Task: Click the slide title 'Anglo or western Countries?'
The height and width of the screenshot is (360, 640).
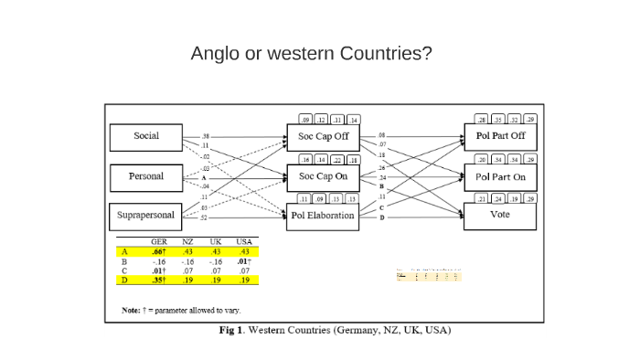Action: click(311, 53)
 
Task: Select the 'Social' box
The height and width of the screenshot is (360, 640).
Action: click(145, 137)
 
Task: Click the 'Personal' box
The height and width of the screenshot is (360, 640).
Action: click(145, 176)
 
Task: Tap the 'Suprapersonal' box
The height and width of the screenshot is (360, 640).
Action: click(145, 217)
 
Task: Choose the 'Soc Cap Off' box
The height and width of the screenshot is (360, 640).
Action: click(323, 137)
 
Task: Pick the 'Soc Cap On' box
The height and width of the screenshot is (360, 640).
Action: click(323, 176)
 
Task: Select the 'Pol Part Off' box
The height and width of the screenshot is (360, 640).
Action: click(500, 137)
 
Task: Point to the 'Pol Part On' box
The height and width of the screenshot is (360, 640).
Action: click(500, 176)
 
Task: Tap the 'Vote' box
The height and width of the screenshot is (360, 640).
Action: click(500, 216)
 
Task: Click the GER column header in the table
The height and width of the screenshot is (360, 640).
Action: click(158, 242)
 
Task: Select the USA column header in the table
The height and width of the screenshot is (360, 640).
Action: click(243, 242)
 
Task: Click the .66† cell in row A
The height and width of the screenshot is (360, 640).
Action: click(158, 251)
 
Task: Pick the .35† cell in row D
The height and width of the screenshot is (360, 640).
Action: click(158, 281)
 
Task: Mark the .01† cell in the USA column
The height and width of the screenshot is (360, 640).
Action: click(243, 261)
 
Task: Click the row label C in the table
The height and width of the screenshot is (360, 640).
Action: click(124, 271)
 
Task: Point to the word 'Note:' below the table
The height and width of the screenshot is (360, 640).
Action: click(131, 310)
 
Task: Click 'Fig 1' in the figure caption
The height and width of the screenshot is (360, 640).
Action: click(233, 330)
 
